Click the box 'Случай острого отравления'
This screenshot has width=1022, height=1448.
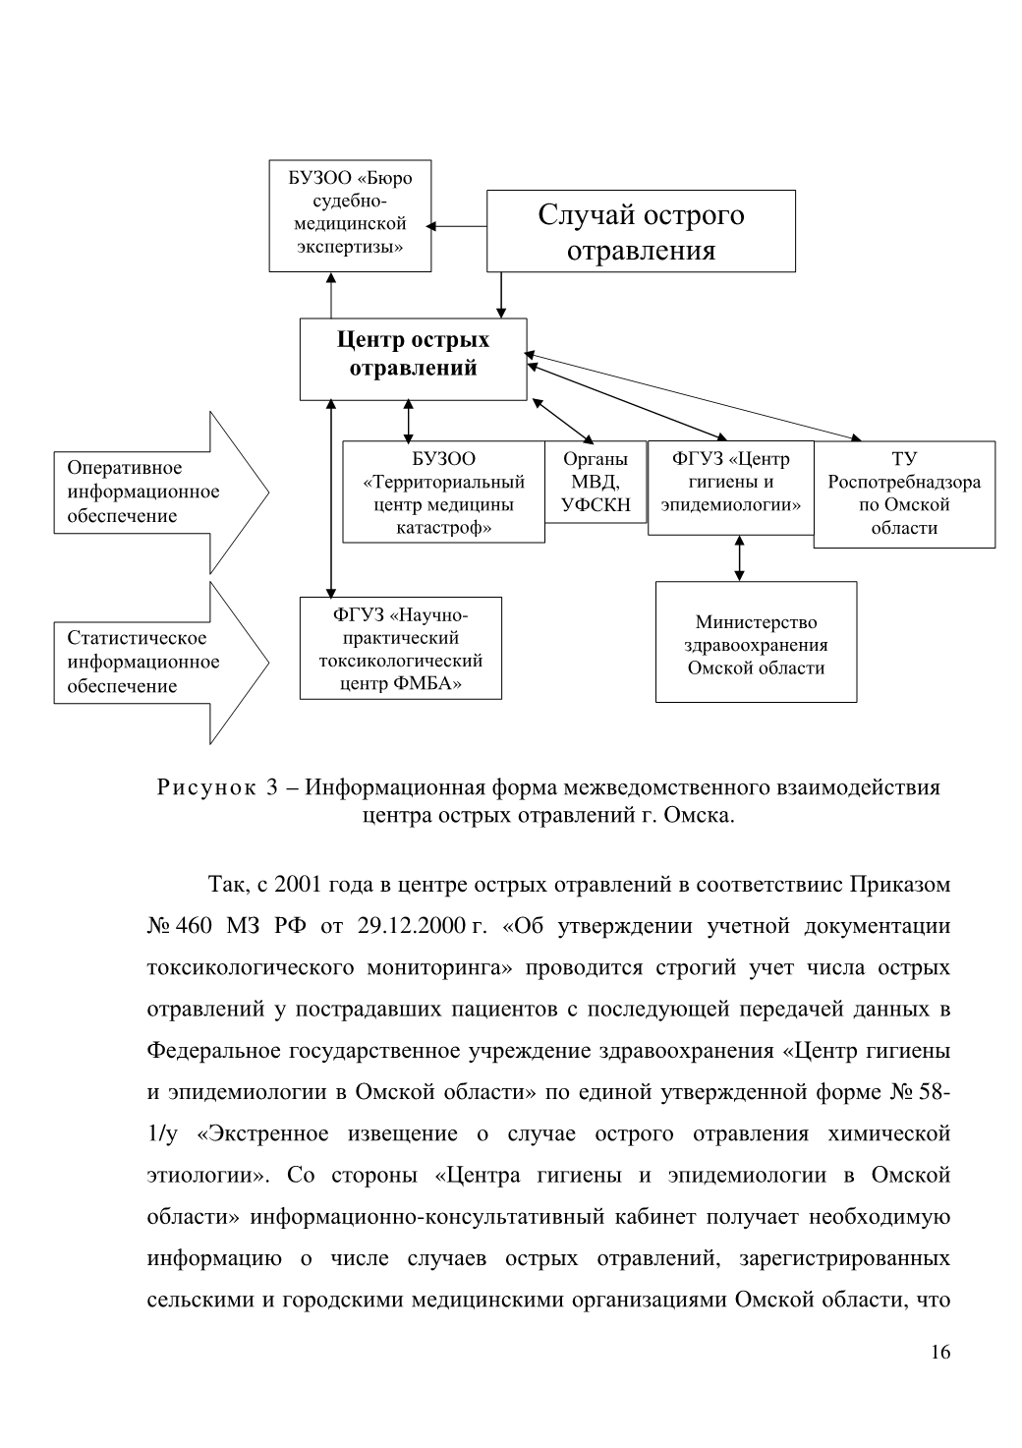pyautogui.click(x=641, y=231)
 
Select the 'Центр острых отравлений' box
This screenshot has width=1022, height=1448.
pyautogui.click(x=414, y=359)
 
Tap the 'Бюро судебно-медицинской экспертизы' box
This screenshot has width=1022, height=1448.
pyautogui.click(x=350, y=216)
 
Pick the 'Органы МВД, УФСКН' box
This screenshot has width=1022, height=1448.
pyautogui.click(x=596, y=482)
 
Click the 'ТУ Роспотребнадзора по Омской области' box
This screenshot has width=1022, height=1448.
pyautogui.click(x=904, y=494)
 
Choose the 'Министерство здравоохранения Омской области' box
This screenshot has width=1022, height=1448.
pyautogui.click(x=756, y=642)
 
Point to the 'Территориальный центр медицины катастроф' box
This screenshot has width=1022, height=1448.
pyautogui.click(x=444, y=492)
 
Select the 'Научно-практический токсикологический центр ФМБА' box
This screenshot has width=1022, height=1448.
pyautogui.click(x=401, y=648)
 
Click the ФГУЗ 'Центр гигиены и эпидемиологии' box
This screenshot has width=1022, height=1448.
pyautogui.click(x=731, y=488)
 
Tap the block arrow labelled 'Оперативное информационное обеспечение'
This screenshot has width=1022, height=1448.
pyautogui.click(x=161, y=492)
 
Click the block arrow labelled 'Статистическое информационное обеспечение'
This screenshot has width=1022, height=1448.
pyautogui.click(x=161, y=663)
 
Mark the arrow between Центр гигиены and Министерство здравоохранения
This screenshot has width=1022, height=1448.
pyautogui.click(x=740, y=558)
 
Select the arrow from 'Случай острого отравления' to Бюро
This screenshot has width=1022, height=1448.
pyautogui.click(x=456, y=226)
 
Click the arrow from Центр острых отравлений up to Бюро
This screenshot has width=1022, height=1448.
pyautogui.click(x=331, y=295)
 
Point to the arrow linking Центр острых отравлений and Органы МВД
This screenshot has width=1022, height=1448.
pyautogui.click(x=563, y=422)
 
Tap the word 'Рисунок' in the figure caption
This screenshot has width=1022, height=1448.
pyautogui.click(x=206, y=787)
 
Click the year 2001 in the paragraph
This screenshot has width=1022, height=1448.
pyautogui.click(x=298, y=885)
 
